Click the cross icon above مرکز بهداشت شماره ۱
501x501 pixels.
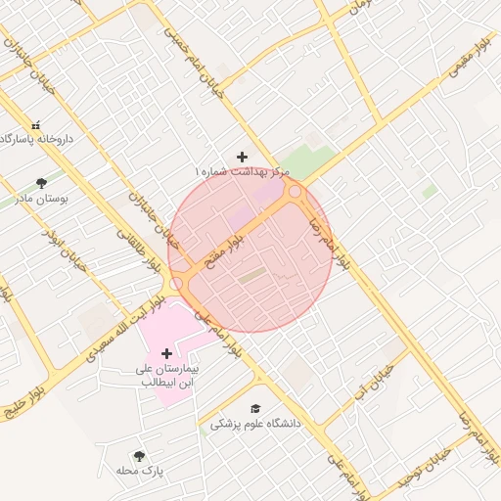(243, 157)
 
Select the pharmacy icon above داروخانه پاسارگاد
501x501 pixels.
(36, 125)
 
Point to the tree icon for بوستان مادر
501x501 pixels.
(41, 183)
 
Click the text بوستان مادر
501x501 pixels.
(40, 199)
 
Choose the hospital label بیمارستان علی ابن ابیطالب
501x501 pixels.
(165, 378)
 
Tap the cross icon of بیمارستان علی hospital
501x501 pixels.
(165, 353)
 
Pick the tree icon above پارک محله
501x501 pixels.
(139, 455)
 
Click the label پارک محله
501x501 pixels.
(138, 471)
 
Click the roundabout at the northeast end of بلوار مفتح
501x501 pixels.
(294, 193)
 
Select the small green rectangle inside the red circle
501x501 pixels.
(252, 277)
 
